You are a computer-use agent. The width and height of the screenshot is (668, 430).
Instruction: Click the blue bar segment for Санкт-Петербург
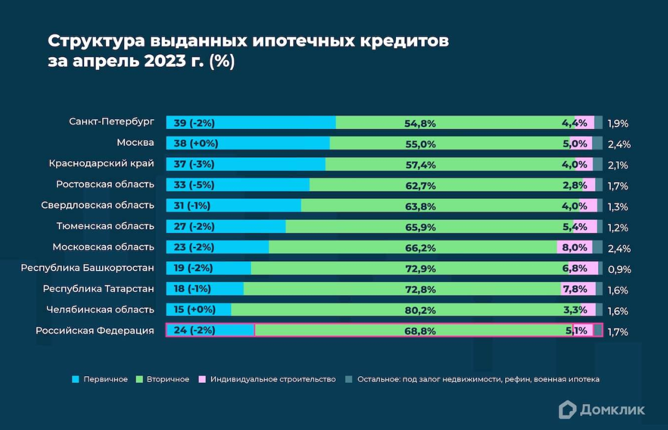pos(251,123)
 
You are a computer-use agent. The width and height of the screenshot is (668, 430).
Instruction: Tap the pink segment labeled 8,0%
pos(574,247)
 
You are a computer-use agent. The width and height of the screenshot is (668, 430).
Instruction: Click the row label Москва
pos(135,142)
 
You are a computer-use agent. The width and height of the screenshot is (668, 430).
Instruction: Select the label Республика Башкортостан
pos(87,268)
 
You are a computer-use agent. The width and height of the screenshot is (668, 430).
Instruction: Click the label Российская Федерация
pos(94,330)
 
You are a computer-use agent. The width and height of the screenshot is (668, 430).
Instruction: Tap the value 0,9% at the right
pos(618,269)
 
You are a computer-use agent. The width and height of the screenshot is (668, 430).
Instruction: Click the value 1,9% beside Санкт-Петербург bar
pos(617,123)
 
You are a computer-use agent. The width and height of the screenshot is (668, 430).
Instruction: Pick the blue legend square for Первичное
pos(74,379)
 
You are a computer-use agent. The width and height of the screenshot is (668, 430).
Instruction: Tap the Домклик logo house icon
pos(567,409)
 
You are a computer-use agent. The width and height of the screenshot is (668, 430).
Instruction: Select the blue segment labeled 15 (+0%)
pos(198,310)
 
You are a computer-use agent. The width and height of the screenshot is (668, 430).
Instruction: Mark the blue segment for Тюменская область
pos(225,227)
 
